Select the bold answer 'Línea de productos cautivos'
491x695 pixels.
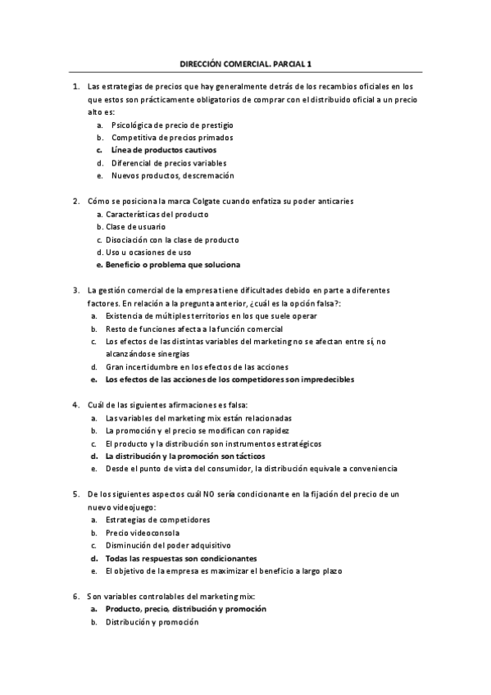[163, 150]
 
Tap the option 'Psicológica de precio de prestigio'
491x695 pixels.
[172, 125]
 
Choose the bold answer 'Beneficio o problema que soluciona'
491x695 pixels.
[173, 265]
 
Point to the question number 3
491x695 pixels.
[75, 290]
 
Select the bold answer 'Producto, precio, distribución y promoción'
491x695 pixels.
[185, 609]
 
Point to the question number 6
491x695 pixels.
[75, 596]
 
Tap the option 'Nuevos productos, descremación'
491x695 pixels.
[172, 175]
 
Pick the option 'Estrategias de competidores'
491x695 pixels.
[157, 520]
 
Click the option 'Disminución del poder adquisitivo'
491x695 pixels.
[168, 545]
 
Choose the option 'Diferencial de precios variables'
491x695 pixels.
[169, 163]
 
